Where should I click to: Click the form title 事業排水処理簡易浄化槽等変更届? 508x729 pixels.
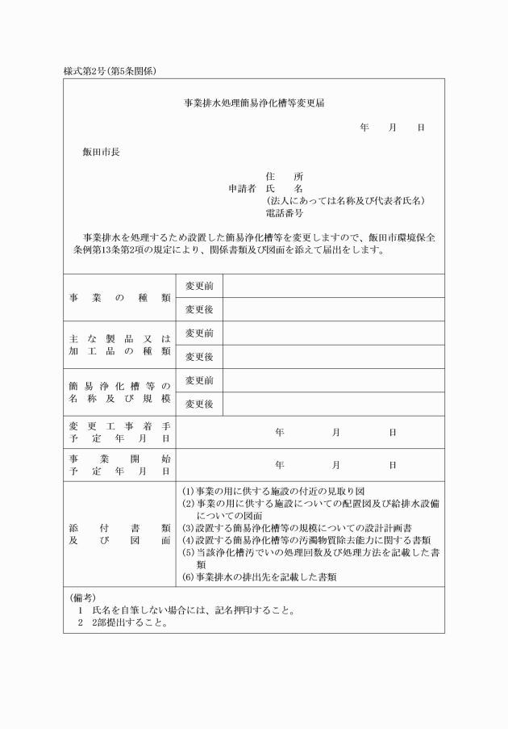click(254, 103)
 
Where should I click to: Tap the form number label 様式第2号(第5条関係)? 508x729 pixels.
click(110, 71)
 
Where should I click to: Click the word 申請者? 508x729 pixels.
click(244, 188)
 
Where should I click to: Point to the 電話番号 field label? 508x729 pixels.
click(285, 213)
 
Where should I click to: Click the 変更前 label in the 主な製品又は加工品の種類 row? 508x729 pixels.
click(199, 333)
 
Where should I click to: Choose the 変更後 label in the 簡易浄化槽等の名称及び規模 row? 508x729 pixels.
click(199, 404)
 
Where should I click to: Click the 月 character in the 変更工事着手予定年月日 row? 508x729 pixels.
click(335, 433)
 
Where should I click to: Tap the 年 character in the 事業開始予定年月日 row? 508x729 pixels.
click(280, 465)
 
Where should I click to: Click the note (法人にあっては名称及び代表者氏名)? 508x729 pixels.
click(345, 200)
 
